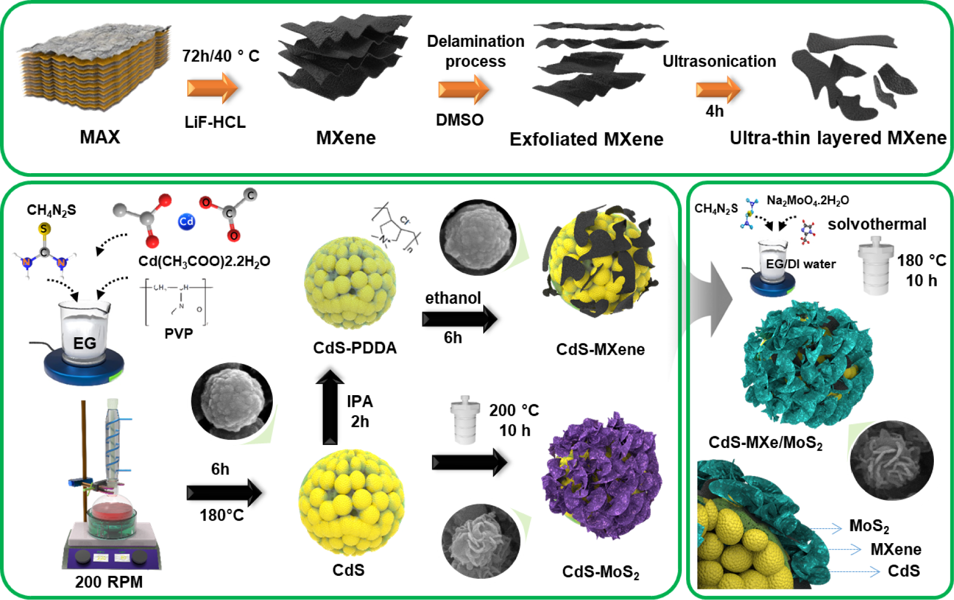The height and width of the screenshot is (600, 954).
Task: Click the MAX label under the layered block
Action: [x=100, y=137]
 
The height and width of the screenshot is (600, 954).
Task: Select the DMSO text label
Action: [x=459, y=120]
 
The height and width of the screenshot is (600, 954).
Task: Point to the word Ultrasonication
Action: [x=719, y=61]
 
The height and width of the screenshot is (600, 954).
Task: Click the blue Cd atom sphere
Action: [x=186, y=221]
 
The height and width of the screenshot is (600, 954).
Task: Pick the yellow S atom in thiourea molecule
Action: [x=44, y=229]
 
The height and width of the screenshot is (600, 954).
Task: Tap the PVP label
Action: [x=179, y=334]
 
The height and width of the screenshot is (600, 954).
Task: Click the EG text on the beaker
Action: [x=85, y=343]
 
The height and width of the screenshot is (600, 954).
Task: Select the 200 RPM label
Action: [x=109, y=582]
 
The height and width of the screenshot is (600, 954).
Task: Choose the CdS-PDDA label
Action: [x=354, y=348]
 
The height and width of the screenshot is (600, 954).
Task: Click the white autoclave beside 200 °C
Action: [x=465, y=420]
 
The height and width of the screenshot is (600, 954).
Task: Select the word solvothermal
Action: [x=876, y=224]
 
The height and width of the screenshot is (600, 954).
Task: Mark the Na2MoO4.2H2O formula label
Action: [x=808, y=200]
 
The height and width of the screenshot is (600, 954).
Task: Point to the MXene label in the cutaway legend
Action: [x=896, y=549]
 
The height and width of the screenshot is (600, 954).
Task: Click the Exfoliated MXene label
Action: [x=586, y=139]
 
